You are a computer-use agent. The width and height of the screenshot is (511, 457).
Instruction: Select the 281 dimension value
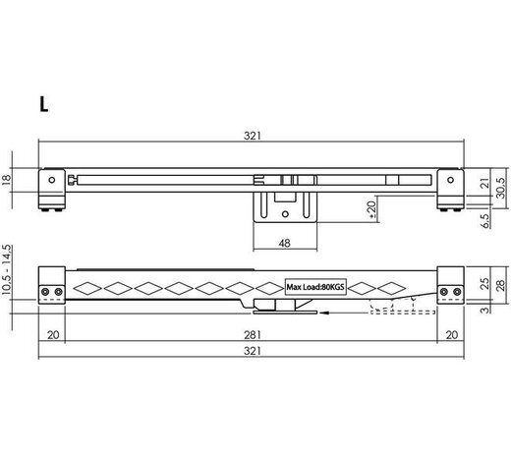[x=253, y=333]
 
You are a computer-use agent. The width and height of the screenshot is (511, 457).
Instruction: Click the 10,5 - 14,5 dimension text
[x=8, y=269]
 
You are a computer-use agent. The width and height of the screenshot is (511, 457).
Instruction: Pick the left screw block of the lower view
[x=52, y=290]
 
